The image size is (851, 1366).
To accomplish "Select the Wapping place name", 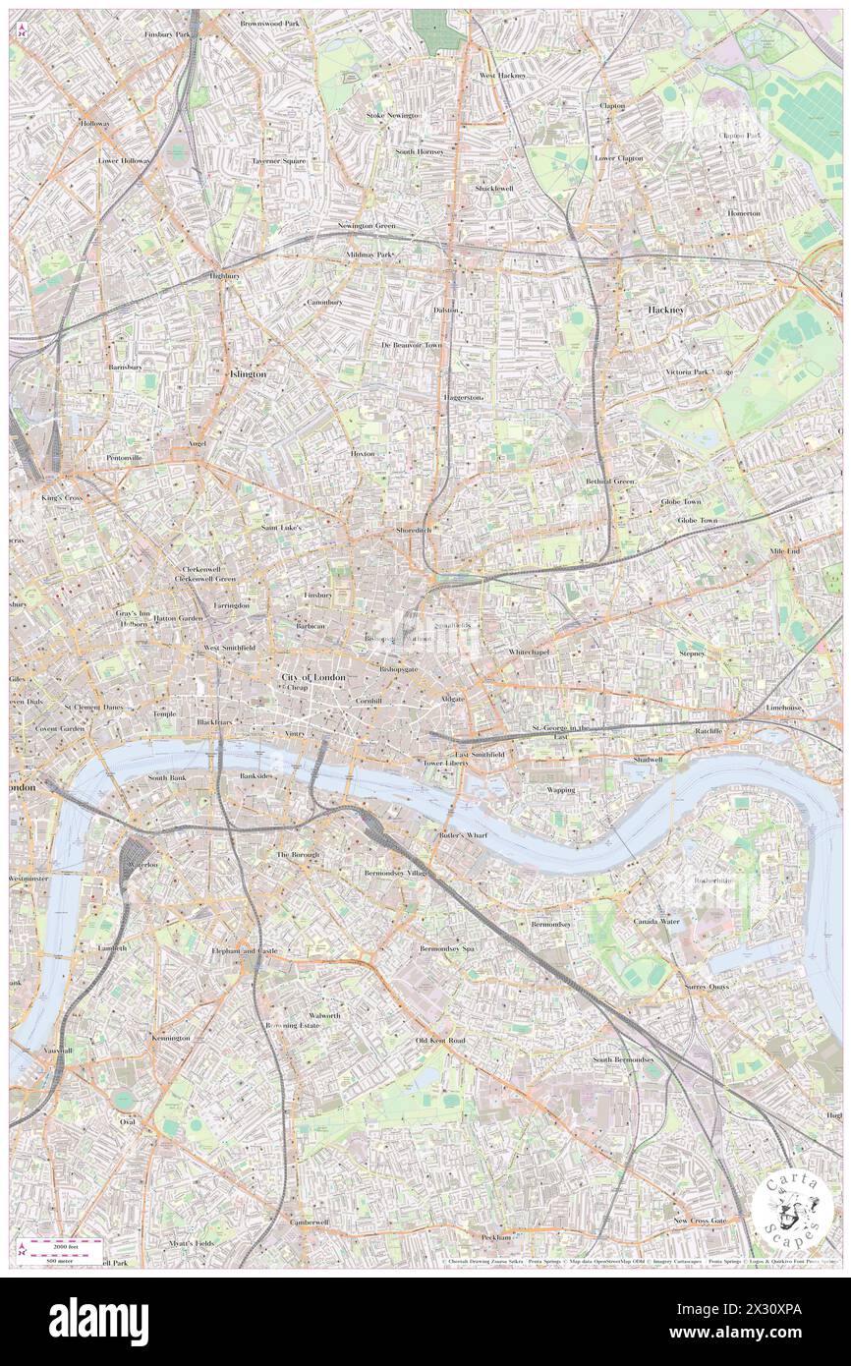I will coord(560,789).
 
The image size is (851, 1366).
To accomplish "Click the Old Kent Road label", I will coord(439,1040).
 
